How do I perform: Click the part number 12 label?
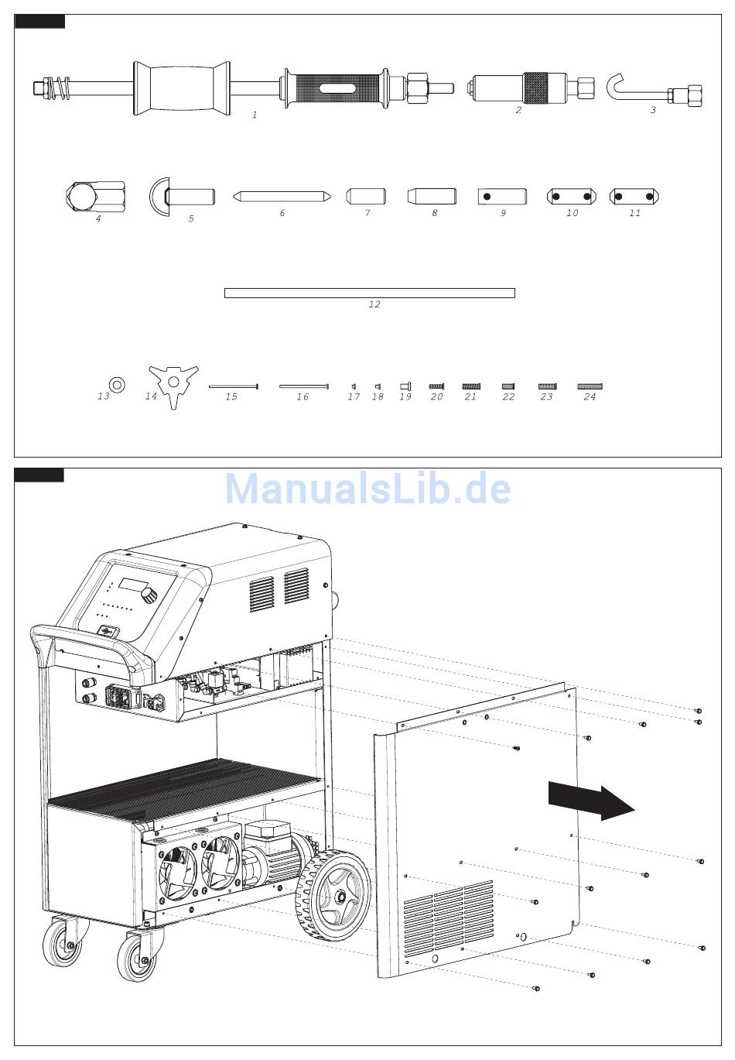point(374,304)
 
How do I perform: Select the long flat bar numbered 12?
point(369,293)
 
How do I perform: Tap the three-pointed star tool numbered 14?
point(173,385)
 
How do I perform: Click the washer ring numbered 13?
point(117,384)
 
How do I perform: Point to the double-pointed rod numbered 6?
point(282,197)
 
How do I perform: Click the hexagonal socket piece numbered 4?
point(95,197)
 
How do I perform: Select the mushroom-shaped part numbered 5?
point(182,197)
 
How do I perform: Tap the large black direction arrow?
point(591,801)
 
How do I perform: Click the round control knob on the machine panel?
point(150,595)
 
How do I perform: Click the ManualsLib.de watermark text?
point(367,489)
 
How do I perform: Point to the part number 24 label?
point(590,396)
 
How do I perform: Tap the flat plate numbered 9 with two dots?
point(502,197)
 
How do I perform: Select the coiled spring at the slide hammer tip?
point(61,88)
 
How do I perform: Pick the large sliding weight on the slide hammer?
point(182,88)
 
